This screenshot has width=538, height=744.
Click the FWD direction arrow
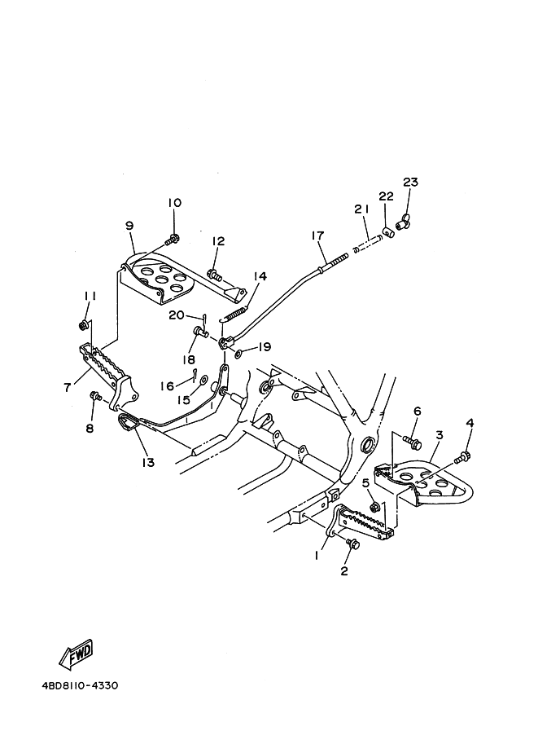click(x=76, y=654)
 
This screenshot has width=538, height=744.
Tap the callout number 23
click(x=409, y=182)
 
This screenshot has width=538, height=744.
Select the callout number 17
click(x=317, y=236)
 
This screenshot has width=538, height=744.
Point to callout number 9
click(x=129, y=225)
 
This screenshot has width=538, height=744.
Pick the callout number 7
click(x=68, y=387)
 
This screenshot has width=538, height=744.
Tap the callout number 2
click(x=344, y=570)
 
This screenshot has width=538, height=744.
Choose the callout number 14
click(x=259, y=276)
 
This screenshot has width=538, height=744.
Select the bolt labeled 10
click(x=173, y=240)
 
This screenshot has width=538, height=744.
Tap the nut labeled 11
click(x=84, y=326)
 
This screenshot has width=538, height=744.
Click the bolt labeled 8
click(x=95, y=397)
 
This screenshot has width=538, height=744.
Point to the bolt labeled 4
click(x=466, y=455)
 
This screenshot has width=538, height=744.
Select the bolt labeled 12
click(x=215, y=275)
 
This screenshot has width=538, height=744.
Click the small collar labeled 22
click(x=389, y=234)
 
